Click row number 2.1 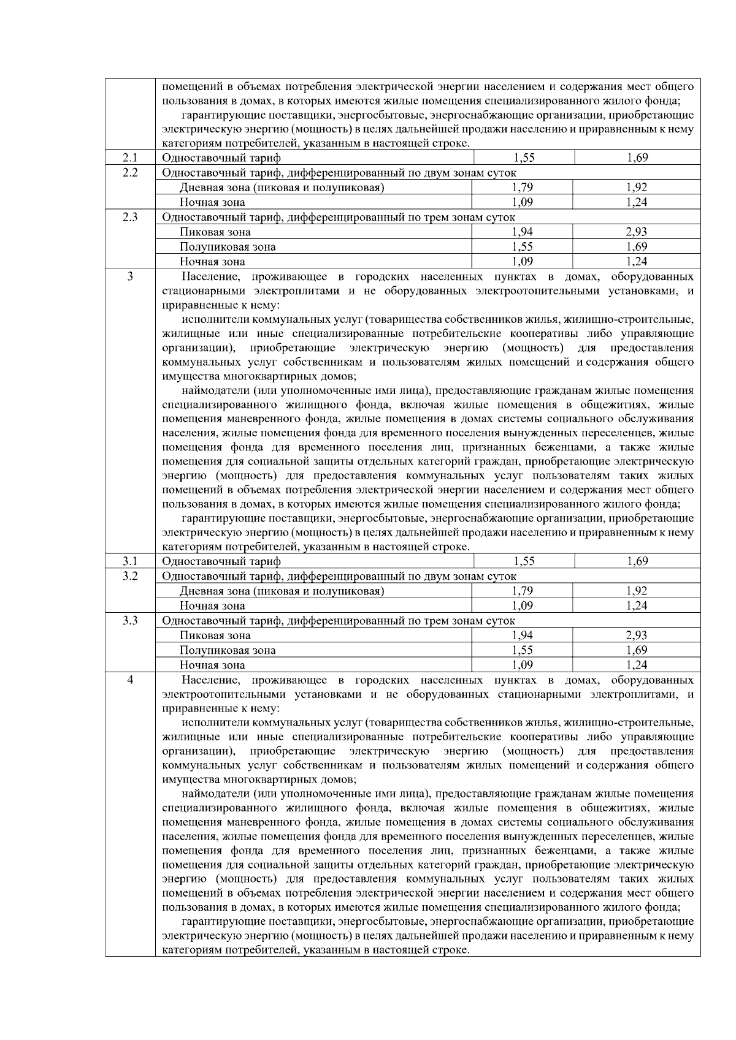click(130, 158)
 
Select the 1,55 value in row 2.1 click(523, 158)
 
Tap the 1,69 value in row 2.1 click(637, 158)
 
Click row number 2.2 click(130, 173)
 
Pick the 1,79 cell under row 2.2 click(522, 188)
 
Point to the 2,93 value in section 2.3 click(637, 232)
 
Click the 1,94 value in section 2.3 click(522, 232)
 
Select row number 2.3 click(130, 217)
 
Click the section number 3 click(130, 276)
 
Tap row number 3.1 click(130, 561)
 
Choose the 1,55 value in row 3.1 click(523, 561)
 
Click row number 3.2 click(130, 576)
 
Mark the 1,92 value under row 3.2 click(637, 591)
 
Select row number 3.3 click(130, 620)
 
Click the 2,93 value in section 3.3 click(637, 636)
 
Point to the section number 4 click(130, 680)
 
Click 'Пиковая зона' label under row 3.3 click(215, 636)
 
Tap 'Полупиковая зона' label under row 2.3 click(228, 247)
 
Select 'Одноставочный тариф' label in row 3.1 click(221, 561)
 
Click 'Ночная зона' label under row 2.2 click(212, 202)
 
